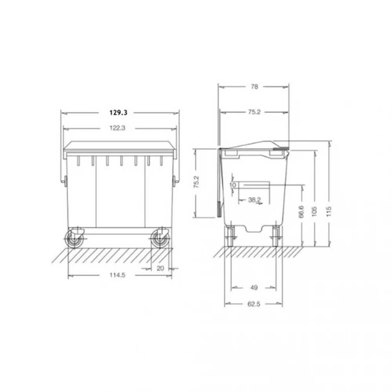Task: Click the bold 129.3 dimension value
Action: click(118, 113)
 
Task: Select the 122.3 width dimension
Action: click(118, 128)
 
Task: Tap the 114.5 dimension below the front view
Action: click(117, 275)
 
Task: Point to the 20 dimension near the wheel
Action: click(160, 268)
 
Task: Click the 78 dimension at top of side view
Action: click(254, 87)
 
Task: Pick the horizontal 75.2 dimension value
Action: click(254, 112)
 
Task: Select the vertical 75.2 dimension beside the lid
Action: click(196, 182)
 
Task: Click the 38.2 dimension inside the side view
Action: click(254, 200)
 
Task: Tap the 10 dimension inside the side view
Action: click(232, 185)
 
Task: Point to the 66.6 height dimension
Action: click(301, 212)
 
